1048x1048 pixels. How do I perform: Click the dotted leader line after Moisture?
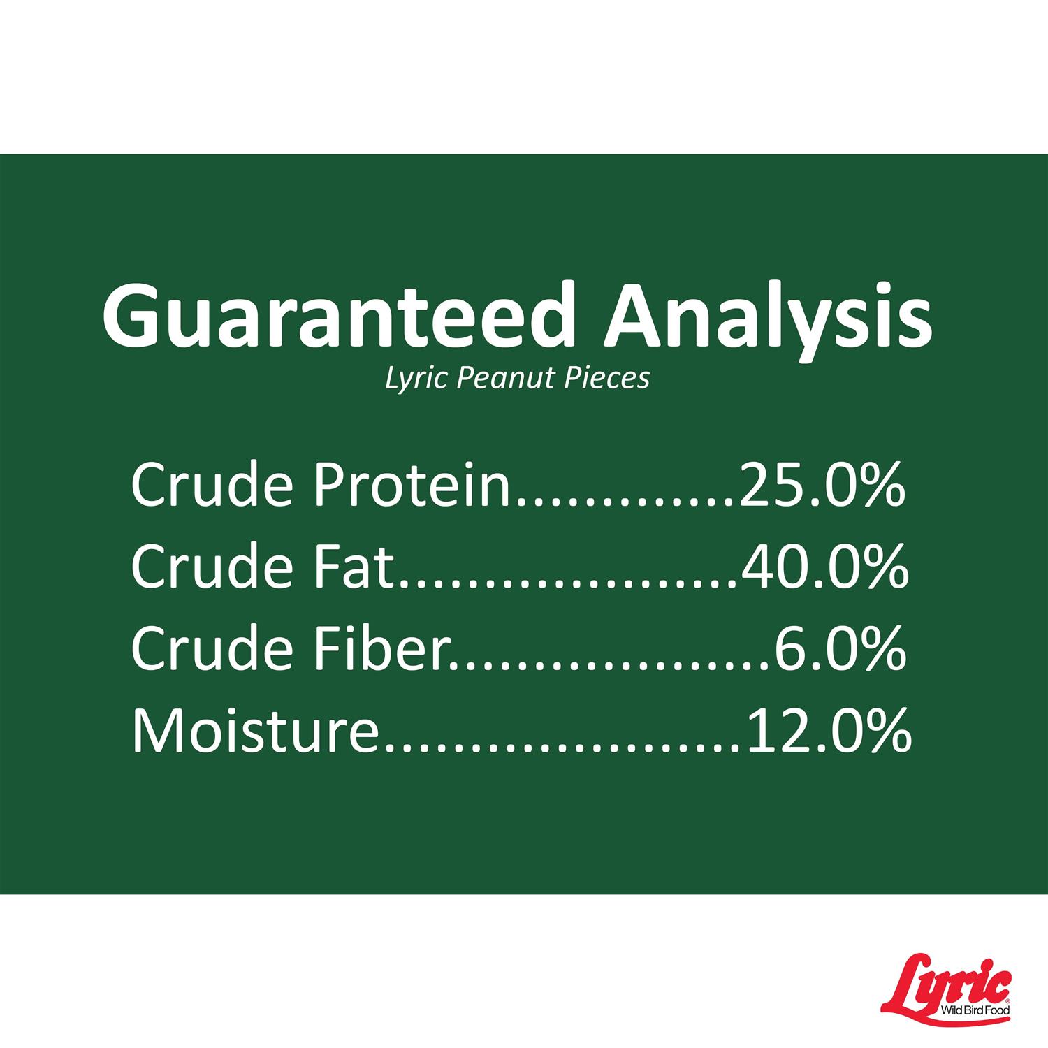[x=563, y=747]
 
